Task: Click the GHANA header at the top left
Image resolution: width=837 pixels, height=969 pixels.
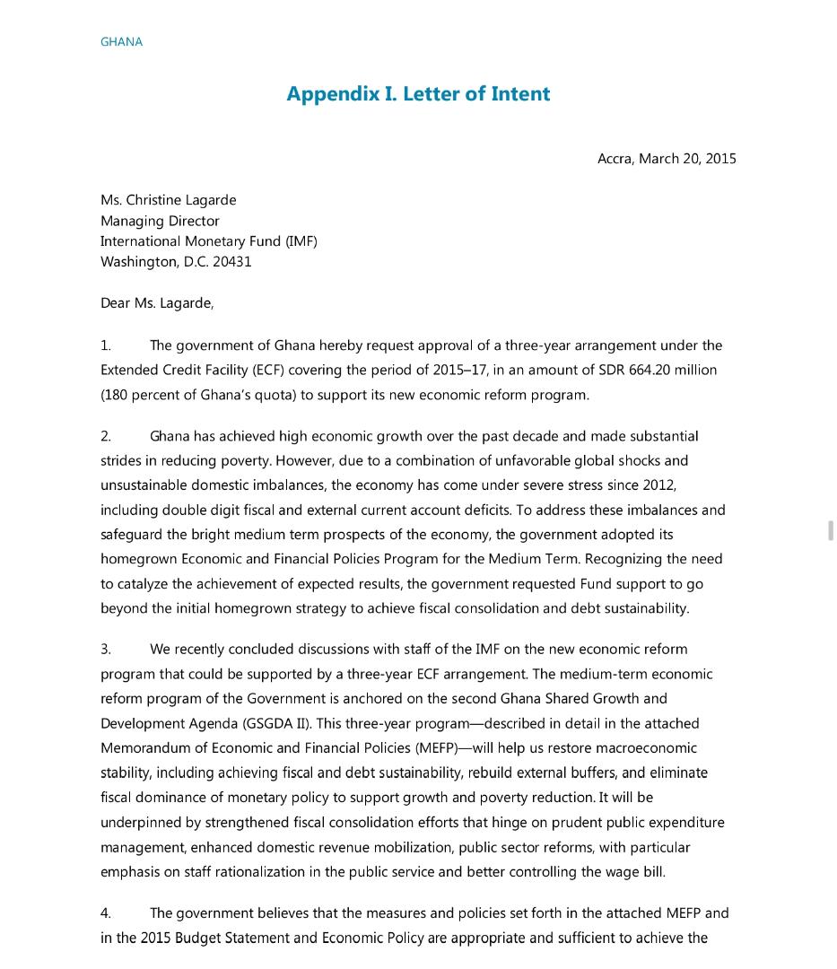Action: pos(121,42)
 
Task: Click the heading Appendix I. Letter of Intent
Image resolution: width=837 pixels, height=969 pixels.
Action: pos(418,94)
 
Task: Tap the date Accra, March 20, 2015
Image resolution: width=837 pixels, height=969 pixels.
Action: pos(667,159)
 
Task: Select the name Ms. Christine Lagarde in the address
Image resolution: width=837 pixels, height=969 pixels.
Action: pos(169,200)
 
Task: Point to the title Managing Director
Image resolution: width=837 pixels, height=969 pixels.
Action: pos(160,221)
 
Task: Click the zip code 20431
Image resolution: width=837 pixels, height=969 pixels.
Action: pos(232,262)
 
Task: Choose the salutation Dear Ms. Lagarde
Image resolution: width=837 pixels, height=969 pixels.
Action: pos(157,303)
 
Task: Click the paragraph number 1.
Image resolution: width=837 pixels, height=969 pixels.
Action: pos(106,345)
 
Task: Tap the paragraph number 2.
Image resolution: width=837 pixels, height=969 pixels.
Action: pos(106,436)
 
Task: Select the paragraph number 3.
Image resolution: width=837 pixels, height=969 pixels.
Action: pos(106,649)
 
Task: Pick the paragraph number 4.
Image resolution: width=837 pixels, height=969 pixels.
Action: pos(106,913)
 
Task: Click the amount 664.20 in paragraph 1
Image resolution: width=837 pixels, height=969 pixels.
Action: pos(644,370)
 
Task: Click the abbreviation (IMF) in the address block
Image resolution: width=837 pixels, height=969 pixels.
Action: pos(301,241)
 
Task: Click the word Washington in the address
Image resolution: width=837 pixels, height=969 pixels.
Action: pos(139,262)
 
